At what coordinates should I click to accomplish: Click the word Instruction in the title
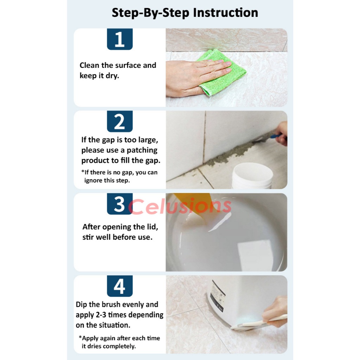pos(225,13)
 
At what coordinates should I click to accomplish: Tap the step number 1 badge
pos(120,39)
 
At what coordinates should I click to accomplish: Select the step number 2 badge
pos(120,121)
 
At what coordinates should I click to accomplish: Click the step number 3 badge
pos(120,204)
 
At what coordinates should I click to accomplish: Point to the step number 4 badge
pos(120,286)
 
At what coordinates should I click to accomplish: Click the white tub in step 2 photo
pos(252,176)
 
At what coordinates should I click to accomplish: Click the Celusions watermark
pos(180,206)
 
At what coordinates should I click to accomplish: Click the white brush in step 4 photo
pos(258,323)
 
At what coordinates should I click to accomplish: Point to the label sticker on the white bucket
pos(217,296)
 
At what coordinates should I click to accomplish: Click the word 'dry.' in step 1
pos(112,76)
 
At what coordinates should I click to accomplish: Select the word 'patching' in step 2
pos(142,150)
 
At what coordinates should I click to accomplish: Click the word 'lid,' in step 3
pos(152,227)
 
